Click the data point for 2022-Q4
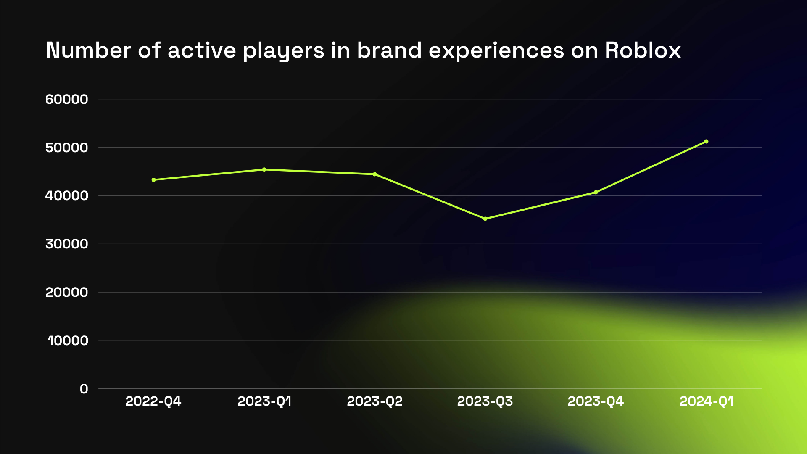[154, 180]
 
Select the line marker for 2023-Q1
[264, 169]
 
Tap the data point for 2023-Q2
[375, 174]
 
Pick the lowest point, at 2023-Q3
[485, 219]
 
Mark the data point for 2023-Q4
[596, 192]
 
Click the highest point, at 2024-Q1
[707, 141]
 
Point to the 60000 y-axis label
[67, 99]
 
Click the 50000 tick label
[67, 148]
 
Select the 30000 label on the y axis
[67, 244]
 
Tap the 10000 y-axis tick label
[68, 340]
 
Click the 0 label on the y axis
[84, 389]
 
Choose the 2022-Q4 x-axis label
[153, 401]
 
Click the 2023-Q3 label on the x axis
[485, 401]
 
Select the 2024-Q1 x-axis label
[707, 401]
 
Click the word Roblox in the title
[643, 50]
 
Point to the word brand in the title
[389, 50]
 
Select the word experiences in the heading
[496, 51]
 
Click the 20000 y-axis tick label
[67, 292]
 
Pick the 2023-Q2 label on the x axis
[374, 401]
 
